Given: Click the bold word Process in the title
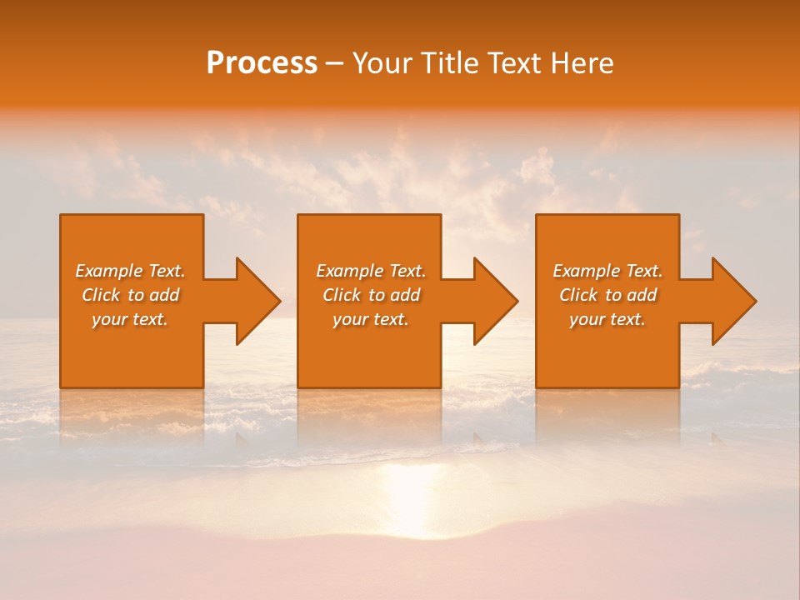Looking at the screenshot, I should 262,63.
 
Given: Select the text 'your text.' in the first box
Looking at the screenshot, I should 130,319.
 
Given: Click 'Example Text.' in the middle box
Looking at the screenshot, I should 371,271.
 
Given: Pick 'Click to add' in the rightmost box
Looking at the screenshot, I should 608,295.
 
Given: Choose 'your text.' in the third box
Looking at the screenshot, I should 607,319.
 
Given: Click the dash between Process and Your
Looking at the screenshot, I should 335,63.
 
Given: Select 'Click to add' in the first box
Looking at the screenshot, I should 131,295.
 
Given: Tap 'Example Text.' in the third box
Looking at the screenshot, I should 607,271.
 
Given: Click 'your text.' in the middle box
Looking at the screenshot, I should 371,319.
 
